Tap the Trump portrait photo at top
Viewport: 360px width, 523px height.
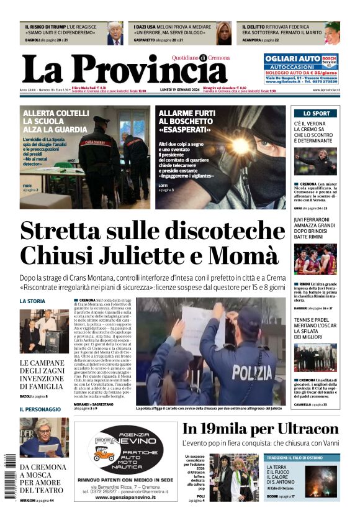[x=115, y=33]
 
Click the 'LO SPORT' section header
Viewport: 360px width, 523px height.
[x=317, y=114]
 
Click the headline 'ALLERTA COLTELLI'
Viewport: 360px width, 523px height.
[x=56, y=114]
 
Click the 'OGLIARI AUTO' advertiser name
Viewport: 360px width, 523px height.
[x=286, y=58]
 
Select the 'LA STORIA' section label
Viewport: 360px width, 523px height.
[x=32, y=301]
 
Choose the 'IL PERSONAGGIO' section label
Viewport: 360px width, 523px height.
[x=40, y=409]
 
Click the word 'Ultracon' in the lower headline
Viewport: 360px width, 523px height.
[x=300, y=429]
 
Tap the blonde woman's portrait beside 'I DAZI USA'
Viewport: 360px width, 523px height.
[x=223, y=33]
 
